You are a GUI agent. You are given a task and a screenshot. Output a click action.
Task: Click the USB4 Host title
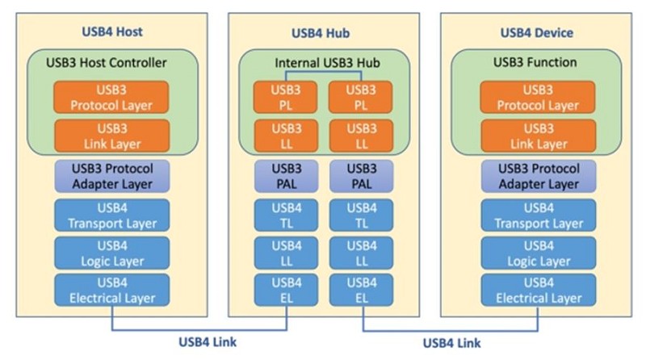click(113, 32)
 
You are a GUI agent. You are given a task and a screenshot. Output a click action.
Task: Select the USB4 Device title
click(536, 32)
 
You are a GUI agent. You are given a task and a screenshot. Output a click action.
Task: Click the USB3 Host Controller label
click(114, 62)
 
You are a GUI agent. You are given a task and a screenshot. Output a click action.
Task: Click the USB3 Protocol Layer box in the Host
click(112, 97)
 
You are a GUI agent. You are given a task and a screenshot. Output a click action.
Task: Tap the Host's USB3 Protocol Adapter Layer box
click(112, 175)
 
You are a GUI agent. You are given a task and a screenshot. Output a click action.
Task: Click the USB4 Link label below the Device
click(451, 342)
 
